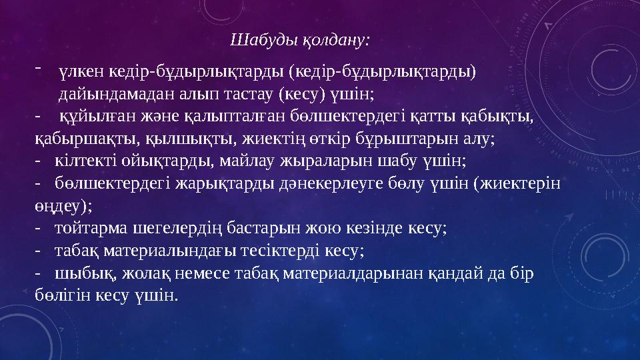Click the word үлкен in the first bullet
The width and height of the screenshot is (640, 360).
tap(78, 71)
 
